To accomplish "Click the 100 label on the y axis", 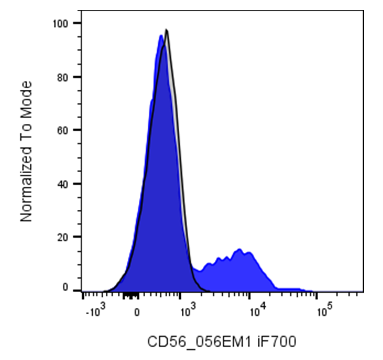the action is click(60, 24).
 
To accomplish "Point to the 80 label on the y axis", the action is click(62, 78).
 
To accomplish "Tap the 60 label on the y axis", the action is click(62, 131).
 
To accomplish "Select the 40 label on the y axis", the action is click(62, 184).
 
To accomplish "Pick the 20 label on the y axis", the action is click(62, 237).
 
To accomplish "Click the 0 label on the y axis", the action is click(65, 287).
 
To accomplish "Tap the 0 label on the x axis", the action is click(137, 312).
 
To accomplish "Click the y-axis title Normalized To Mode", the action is click(26, 152).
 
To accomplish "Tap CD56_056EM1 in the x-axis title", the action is click(199, 341).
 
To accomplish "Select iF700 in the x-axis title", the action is click(277, 341).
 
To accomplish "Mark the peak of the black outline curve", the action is click(167, 30).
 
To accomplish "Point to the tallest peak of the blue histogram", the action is click(161, 36).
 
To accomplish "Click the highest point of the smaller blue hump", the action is click(239, 249).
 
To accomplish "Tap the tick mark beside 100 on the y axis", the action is click(77, 23).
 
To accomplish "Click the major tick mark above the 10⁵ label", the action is click(317, 296).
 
